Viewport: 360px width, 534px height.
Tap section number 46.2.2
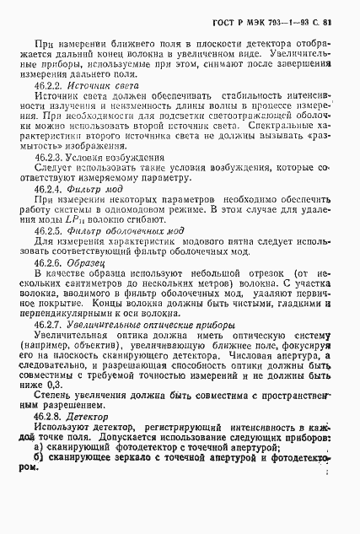click(x=50, y=86)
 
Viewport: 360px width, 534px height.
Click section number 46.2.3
click(x=50, y=157)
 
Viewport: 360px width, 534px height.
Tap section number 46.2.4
click(x=50, y=192)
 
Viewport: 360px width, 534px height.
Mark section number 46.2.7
click(x=51, y=325)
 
